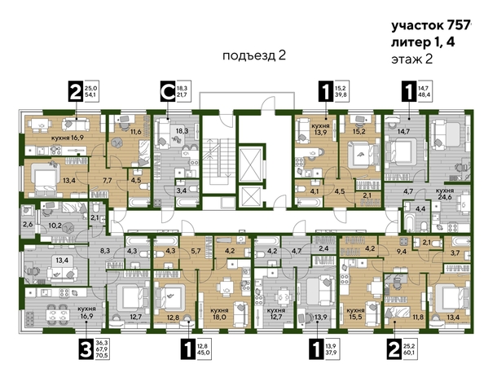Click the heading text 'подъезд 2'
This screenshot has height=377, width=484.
tap(254, 55)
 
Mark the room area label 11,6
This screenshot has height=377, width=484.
tap(136, 129)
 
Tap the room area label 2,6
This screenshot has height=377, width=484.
tap(27, 223)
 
